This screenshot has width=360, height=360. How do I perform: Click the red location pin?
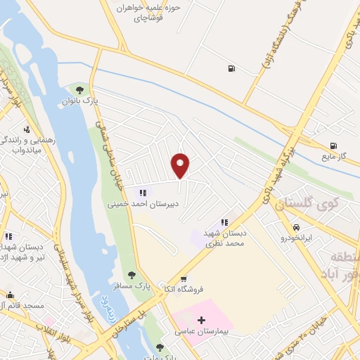pyautogui.click(x=181, y=166)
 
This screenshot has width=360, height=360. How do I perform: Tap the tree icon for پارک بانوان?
pyautogui.click(x=79, y=90)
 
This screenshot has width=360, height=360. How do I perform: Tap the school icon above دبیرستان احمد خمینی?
pyautogui.click(x=143, y=192)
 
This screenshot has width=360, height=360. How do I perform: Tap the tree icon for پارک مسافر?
pyautogui.click(x=131, y=275)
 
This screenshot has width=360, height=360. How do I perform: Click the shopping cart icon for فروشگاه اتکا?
pyautogui.click(x=184, y=279)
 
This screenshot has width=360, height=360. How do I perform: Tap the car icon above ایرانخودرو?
pyautogui.click(x=297, y=228)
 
